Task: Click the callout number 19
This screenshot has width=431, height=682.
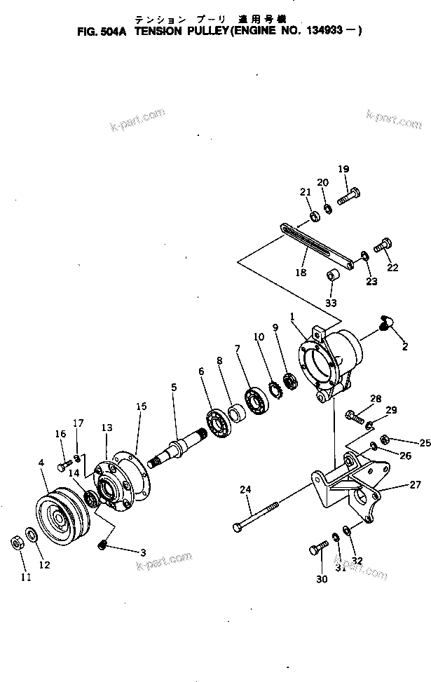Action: pos(343,169)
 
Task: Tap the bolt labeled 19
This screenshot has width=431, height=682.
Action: pos(348,197)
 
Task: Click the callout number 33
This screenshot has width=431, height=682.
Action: pos(331,303)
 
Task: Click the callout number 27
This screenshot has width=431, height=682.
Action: pos(415,484)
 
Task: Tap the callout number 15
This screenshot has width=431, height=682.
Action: pos(142,406)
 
